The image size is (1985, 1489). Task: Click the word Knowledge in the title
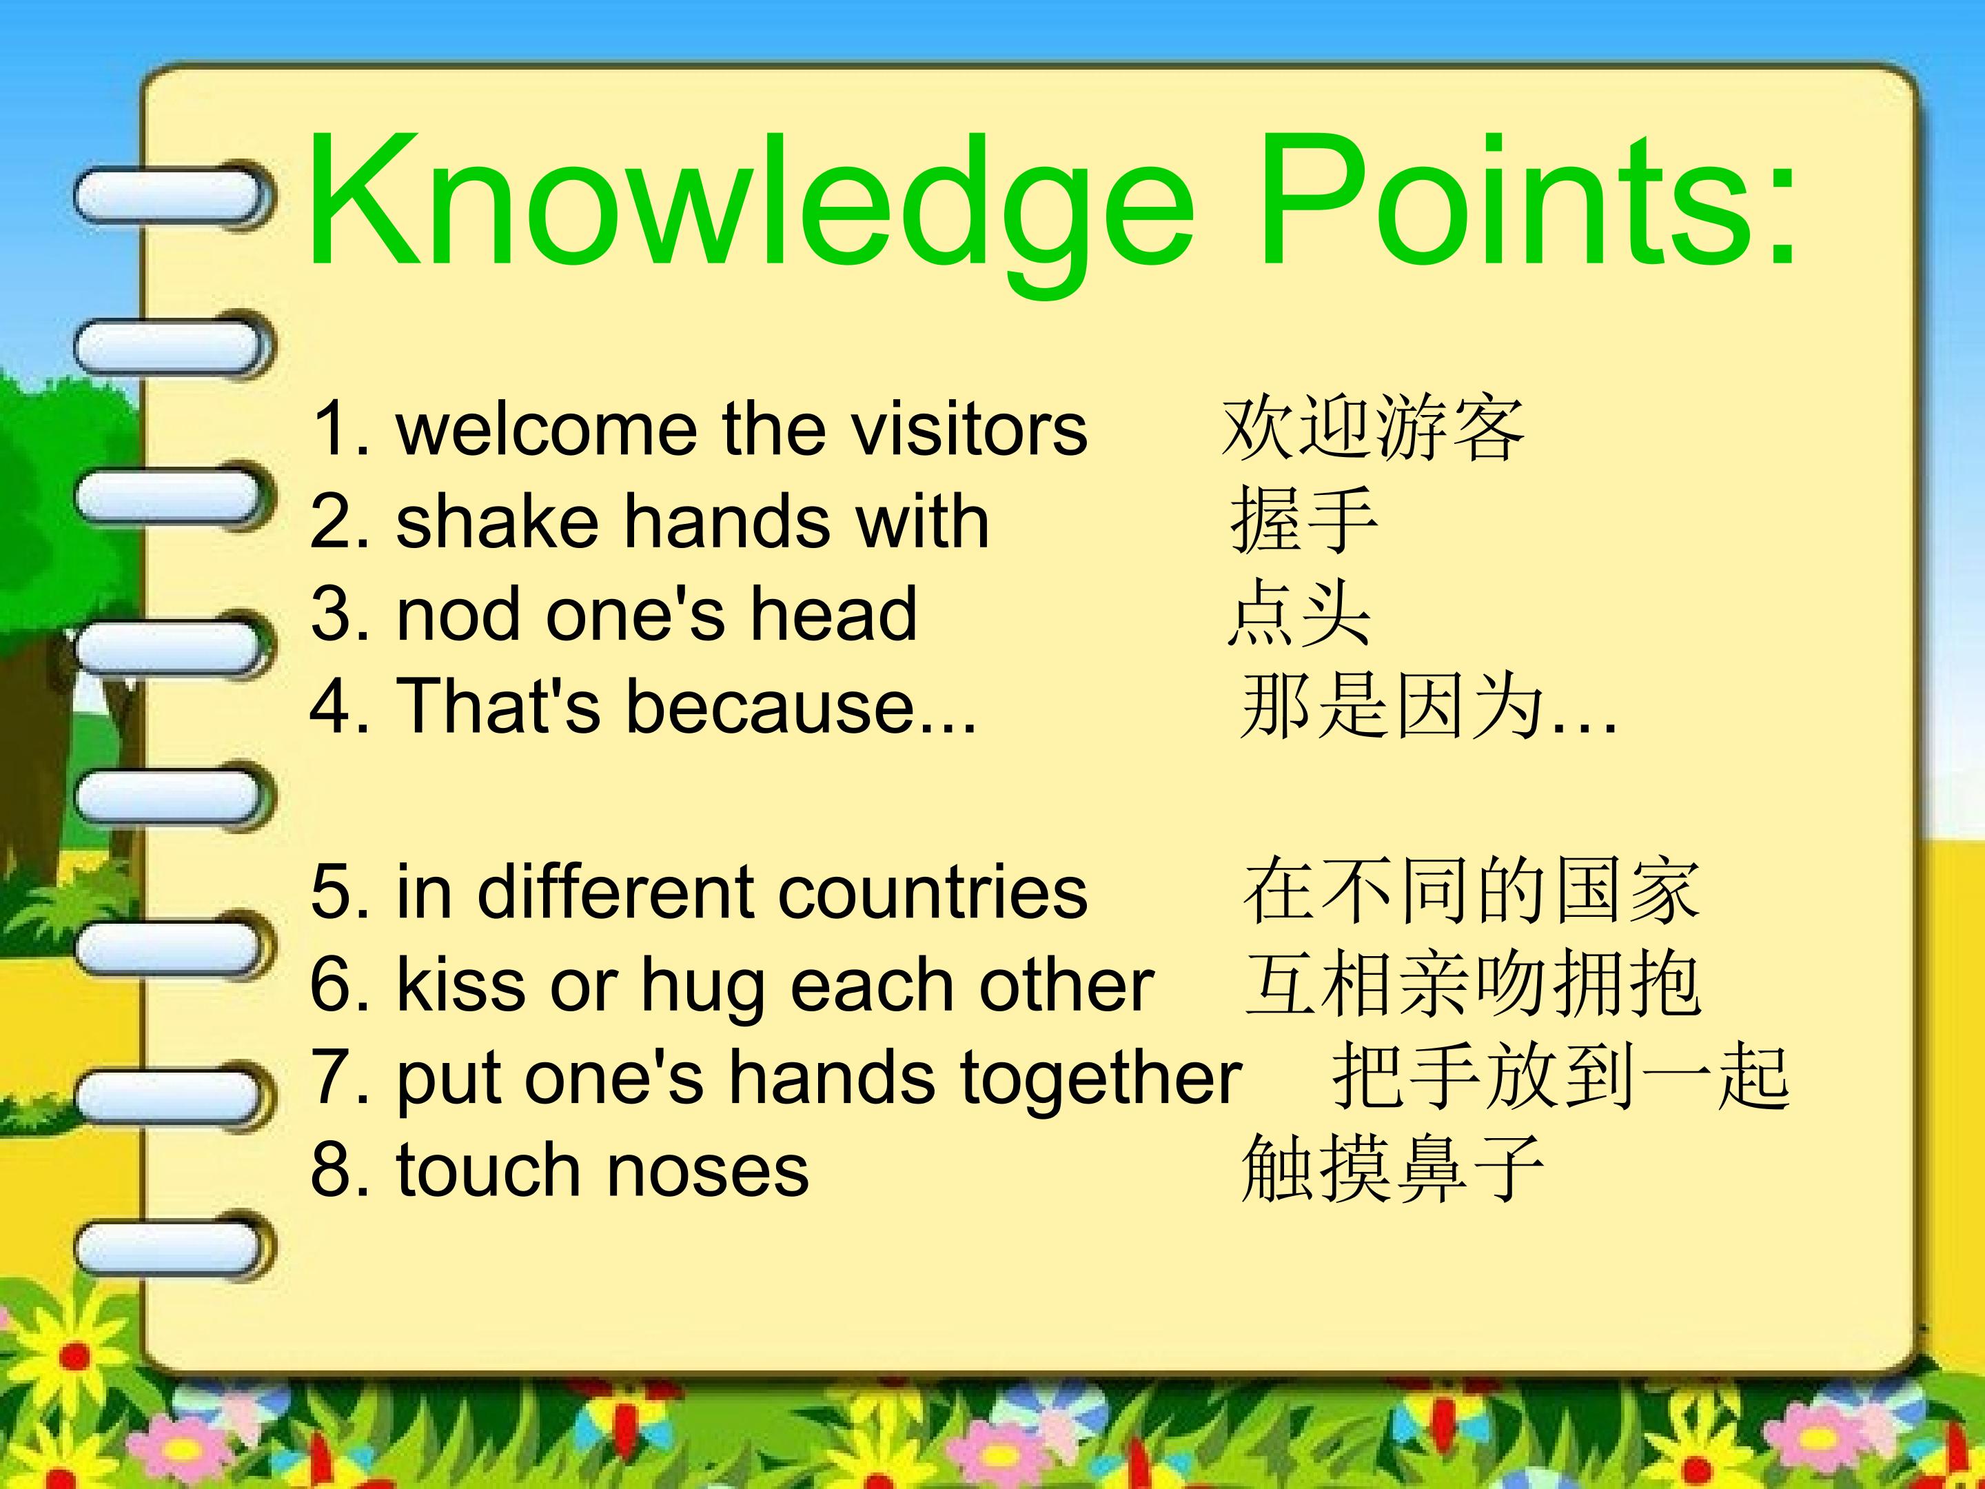click(x=752, y=211)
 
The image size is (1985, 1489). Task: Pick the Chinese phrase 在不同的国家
click(x=1472, y=891)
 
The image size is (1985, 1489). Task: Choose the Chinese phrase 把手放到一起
click(x=1560, y=1076)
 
